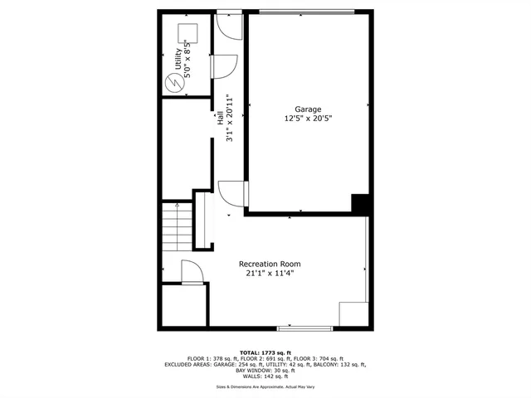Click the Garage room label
[x=308, y=109]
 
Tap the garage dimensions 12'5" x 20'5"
[x=308, y=119]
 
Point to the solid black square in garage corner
[x=360, y=203]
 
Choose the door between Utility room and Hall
[x=225, y=67]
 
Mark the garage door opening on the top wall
[x=307, y=11]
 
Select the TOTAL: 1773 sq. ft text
[x=265, y=352]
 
